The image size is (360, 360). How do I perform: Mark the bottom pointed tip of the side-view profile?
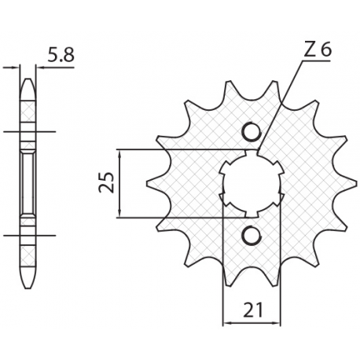pos(28,286)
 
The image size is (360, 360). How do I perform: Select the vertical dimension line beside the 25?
pos(119,182)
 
